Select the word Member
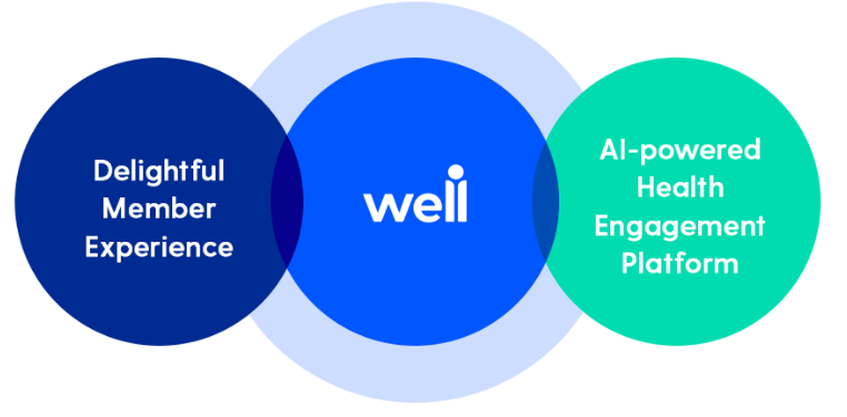pyautogui.click(x=158, y=209)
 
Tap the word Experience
pyautogui.click(x=158, y=247)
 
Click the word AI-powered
pyautogui.click(x=679, y=151)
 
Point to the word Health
pyautogui.click(x=679, y=188)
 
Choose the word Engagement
pyautogui.click(x=679, y=226)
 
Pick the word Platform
pyautogui.click(x=679, y=263)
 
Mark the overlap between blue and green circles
pyautogui.click(x=545, y=200)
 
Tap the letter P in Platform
pyautogui.click(x=630, y=263)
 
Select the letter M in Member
pyautogui.click(x=113, y=209)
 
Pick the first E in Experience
pyautogui.click(x=92, y=247)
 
